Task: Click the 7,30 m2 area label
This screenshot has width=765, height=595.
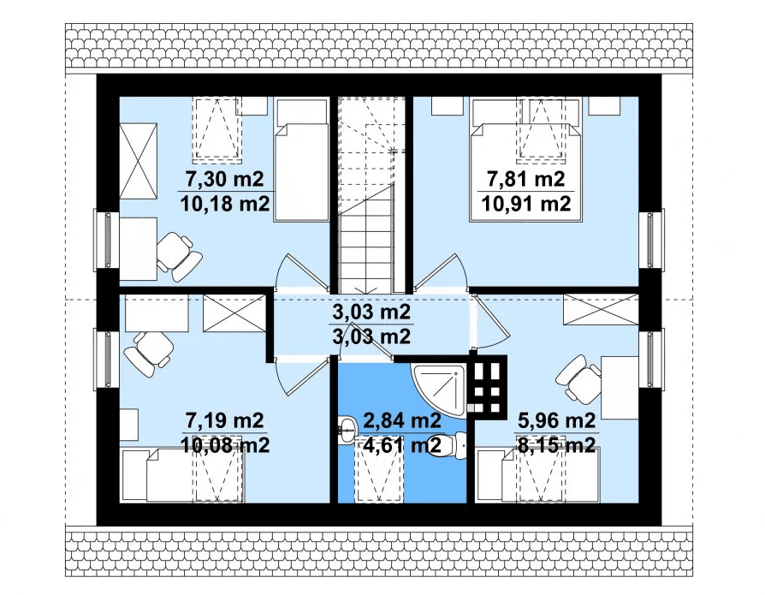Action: click(224, 179)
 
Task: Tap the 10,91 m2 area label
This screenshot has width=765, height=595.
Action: click(526, 203)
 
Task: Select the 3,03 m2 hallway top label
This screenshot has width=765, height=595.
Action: click(371, 312)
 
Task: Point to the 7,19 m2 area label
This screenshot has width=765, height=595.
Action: click(224, 420)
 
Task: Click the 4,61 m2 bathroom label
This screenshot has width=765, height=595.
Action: click(402, 444)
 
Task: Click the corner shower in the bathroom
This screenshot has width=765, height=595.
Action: click(439, 389)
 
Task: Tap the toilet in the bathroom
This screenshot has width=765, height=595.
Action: click(454, 444)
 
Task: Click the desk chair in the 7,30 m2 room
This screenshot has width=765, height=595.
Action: click(179, 255)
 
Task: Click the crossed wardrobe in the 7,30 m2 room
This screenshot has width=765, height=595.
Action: click(138, 161)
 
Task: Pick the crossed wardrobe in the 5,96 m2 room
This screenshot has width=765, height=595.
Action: click(601, 309)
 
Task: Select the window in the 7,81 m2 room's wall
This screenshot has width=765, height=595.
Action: click(654, 239)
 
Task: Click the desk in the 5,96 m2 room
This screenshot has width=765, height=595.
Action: click(620, 388)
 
